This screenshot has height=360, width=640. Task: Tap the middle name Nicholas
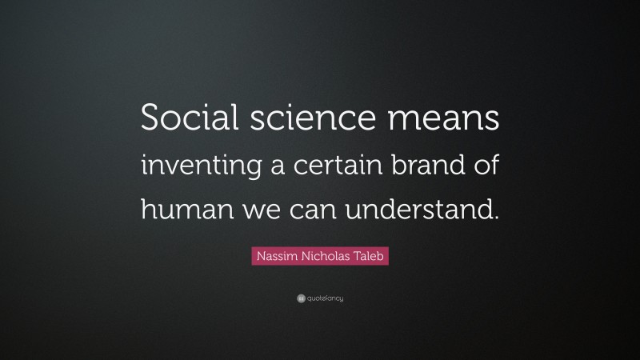(x=321, y=257)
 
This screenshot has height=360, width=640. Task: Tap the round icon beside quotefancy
(x=301, y=298)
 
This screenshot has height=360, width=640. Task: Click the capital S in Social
(x=150, y=120)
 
